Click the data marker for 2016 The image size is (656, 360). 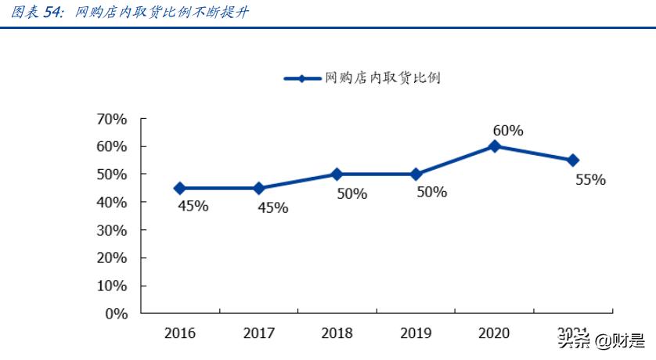coord(179,188)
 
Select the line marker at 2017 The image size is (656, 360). coord(258,188)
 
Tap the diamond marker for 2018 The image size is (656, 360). coord(337,174)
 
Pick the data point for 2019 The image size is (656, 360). coord(416,174)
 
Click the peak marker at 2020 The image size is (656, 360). coord(494,146)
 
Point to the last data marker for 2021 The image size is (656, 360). coord(573,160)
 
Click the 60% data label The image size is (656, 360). coord(507,130)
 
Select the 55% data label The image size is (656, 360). coord(590,179)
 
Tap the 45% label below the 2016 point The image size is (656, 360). coord(192,207)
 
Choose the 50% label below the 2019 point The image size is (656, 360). coord(431,192)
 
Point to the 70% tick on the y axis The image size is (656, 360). coord(111,119)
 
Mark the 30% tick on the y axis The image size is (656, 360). coord(111,230)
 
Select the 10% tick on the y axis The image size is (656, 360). coord(111,286)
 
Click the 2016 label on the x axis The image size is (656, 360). coord(179,333)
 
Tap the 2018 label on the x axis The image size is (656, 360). coord(337,333)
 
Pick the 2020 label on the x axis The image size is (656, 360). coord(494,333)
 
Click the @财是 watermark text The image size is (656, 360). coord(619,341)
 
